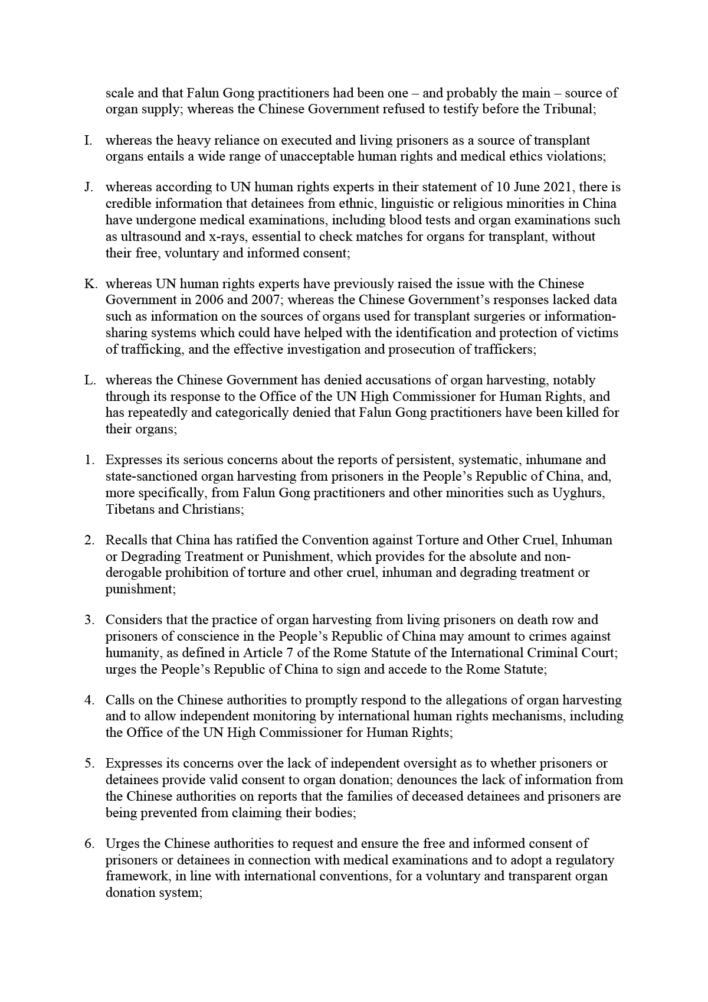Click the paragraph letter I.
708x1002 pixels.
click(88, 141)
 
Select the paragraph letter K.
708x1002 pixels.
click(90, 284)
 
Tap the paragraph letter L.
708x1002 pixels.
click(90, 380)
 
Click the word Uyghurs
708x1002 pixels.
click(581, 492)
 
